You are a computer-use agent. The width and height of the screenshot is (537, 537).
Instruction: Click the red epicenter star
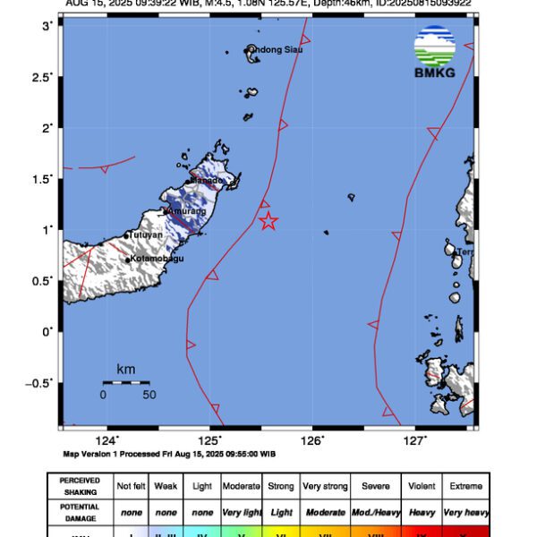coord(268,221)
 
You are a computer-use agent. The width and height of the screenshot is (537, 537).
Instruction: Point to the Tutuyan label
coord(146,235)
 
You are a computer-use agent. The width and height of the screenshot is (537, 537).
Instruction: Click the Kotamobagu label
coord(157,259)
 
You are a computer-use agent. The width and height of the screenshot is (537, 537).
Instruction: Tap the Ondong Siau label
coord(276,49)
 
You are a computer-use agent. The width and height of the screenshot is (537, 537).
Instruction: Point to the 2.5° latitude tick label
coord(43,78)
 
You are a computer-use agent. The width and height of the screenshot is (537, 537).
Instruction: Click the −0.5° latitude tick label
coord(39,383)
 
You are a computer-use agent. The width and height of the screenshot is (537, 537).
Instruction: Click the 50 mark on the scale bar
coord(149,395)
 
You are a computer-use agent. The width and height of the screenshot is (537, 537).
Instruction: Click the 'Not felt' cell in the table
coord(131,486)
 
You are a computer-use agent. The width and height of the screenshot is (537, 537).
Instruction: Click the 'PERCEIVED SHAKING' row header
coord(80,486)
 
